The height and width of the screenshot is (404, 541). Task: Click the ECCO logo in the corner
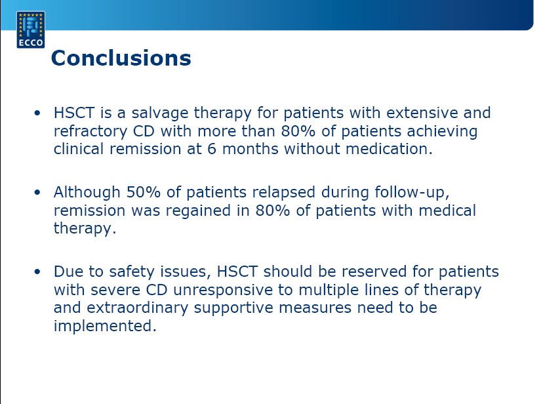(31, 30)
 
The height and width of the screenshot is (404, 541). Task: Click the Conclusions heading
(121, 58)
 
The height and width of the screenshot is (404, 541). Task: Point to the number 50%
(143, 192)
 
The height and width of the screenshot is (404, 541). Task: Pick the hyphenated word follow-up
(412, 193)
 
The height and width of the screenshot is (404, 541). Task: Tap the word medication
(389, 149)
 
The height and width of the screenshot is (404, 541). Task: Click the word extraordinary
(137, 308)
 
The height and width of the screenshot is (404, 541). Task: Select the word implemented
(105, 326)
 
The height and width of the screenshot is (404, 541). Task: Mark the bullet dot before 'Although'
(37, 192)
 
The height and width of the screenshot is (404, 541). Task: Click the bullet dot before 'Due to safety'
(37, 272)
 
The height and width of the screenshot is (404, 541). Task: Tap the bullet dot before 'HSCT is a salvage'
(37, 113)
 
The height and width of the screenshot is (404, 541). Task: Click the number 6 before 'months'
(212, 149)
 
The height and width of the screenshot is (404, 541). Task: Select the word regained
(198, 211)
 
